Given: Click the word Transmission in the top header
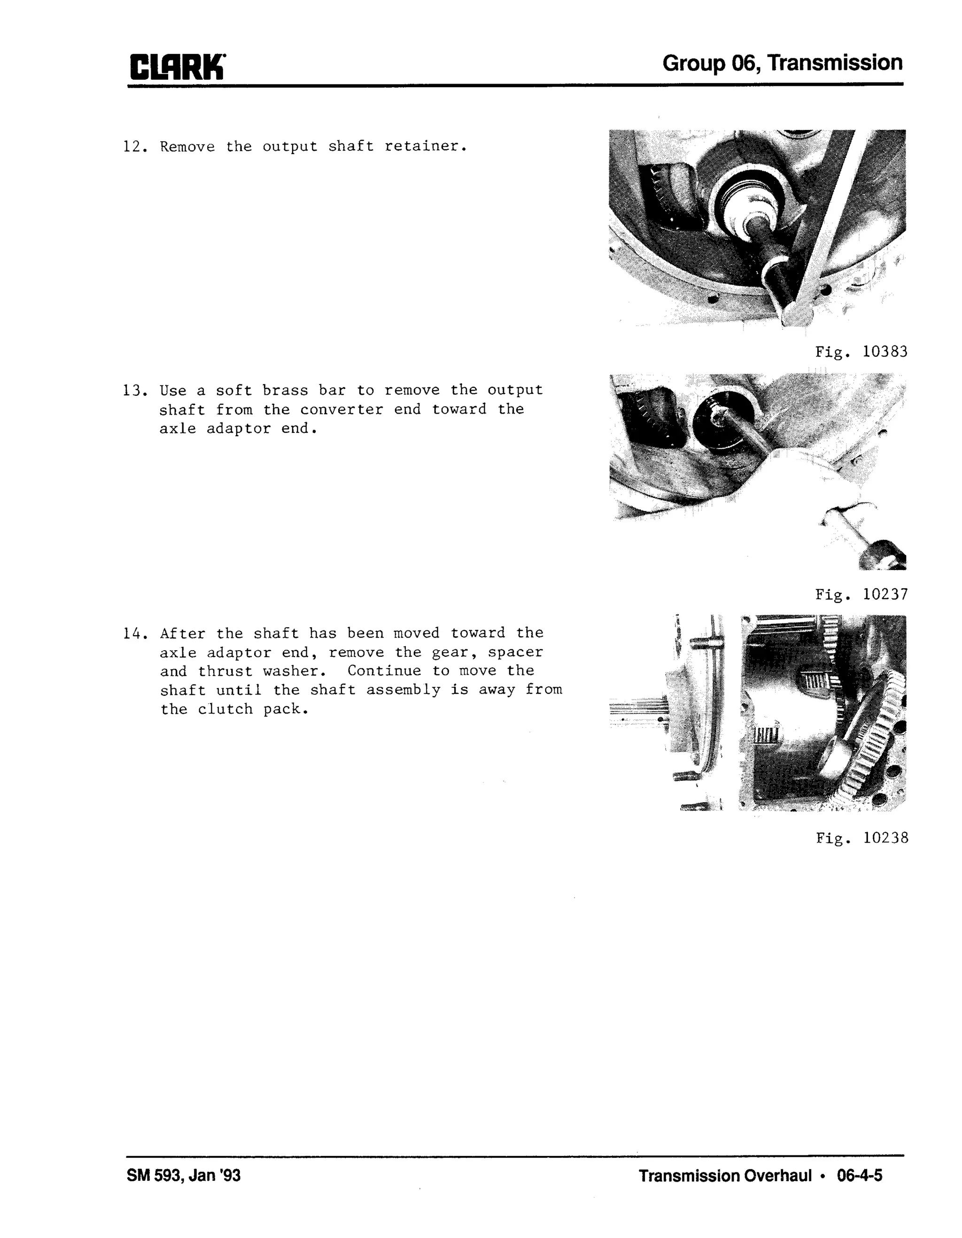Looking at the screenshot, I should tap(836, 63).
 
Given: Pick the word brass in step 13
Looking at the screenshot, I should tap(285, 391).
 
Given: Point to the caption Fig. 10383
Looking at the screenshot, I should tap(861, 352).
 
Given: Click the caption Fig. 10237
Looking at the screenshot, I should tap(861, 595).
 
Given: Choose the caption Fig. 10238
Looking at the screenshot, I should tap(861, 838).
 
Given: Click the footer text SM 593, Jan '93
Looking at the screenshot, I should tap(184, 1176).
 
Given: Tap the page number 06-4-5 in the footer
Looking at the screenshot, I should tap(859, 1176).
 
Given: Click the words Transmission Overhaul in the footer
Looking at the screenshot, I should tap(725, 1176).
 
